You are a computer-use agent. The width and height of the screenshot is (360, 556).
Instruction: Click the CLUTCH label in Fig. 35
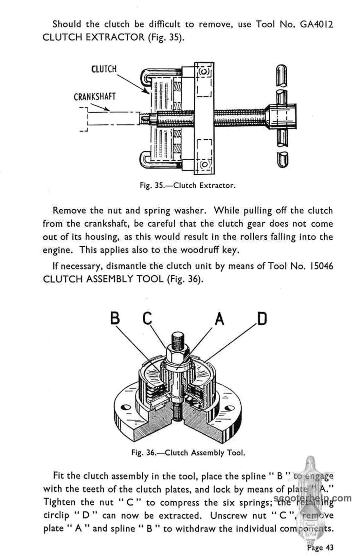click(104, 69)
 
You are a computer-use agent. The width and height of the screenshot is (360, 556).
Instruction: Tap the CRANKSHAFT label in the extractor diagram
click(95, 97)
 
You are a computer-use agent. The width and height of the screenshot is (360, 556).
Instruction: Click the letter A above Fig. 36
click(220, 319)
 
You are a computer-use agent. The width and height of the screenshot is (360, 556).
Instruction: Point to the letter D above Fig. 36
click(262, 319)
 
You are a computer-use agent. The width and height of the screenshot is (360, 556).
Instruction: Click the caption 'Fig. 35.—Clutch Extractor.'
click(188, 186)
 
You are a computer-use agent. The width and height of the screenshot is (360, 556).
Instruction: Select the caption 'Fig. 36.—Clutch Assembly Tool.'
click(188, 453)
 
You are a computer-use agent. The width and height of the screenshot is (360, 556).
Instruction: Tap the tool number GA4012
click(316, 25)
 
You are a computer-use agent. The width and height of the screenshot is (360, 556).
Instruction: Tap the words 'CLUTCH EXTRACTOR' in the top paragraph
click(94, 37)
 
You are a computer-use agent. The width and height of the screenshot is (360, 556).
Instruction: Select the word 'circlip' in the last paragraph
click(56, 516)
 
